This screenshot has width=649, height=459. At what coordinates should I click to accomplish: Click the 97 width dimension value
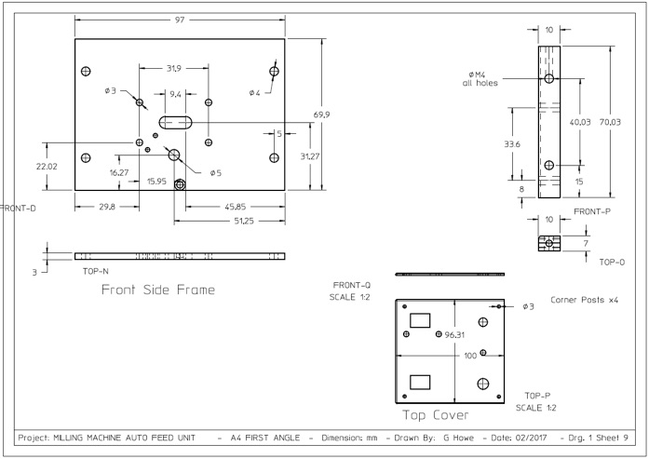tap(179, 20)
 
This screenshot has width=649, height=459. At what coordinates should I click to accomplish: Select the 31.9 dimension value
tap(174, 68)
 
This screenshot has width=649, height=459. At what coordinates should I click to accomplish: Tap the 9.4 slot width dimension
tap(175, 94)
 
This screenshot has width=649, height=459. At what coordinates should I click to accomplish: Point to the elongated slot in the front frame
tap(175, 123)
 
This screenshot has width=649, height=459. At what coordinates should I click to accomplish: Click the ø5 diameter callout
tap(216, 173)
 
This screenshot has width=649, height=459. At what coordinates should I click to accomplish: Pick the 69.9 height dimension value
tap(321, 115)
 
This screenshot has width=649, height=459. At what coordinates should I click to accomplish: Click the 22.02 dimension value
tap(47, 167)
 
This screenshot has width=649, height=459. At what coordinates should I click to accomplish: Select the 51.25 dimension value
tap(244, 221)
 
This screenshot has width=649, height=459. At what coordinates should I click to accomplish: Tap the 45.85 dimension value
tap(235, 207)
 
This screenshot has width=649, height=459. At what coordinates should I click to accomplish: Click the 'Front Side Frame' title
tap(158, 290)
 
